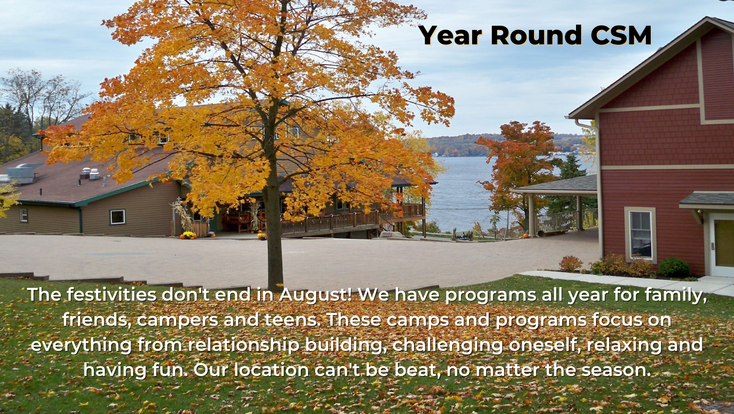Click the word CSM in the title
[x=621, y=35]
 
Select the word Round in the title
[x=536, y=35]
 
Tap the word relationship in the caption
[x=243, y=345]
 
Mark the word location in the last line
[x=271, y=369]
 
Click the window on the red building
[x=640, y=234]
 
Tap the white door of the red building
[x=722, y=244]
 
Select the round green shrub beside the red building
[x=674, y=267]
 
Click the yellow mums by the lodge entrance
[x=188, y=235]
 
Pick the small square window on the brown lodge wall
[x=118, y=217]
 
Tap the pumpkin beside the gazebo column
[x=525, y=235]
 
